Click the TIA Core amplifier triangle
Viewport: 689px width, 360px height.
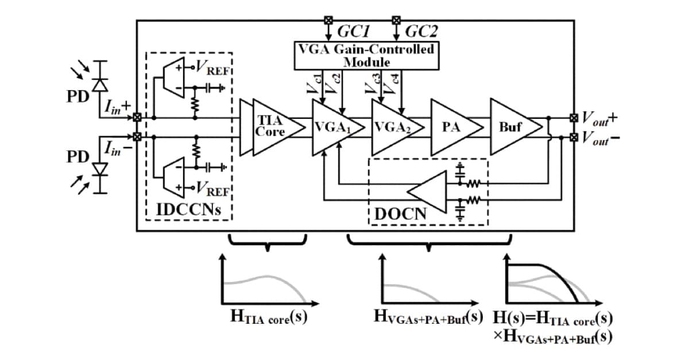(x=273, y=126)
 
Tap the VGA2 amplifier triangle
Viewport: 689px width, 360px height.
(x=393, y=126)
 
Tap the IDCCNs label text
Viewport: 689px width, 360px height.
(x=189, y=209)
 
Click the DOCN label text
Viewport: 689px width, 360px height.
(x=401, y=214)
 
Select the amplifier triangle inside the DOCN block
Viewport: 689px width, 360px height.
(x=428, y=192)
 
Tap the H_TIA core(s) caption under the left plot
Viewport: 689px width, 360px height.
(x=264, y=319)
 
